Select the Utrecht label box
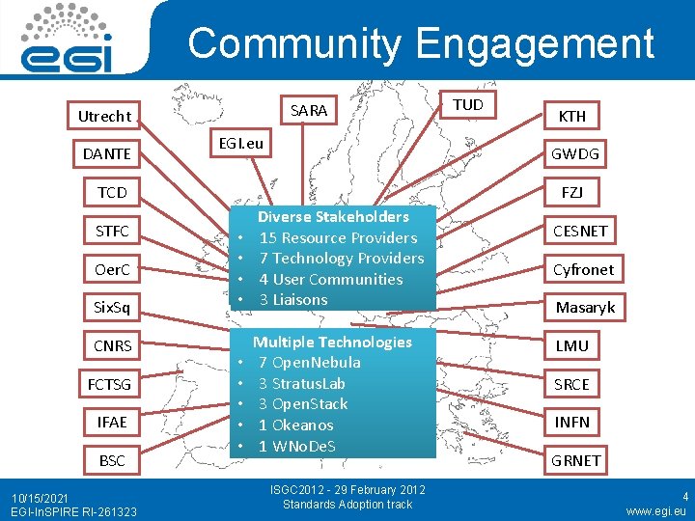104,116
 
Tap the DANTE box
106,154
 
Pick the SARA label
308,110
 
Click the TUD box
468,104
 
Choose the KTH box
572,116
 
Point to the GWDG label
574,154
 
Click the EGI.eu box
240,144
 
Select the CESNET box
579,231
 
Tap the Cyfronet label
582,269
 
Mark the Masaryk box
584,308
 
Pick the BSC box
112,460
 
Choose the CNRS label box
112,345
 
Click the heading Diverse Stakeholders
333,217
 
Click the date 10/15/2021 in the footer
42,497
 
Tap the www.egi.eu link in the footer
655,510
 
